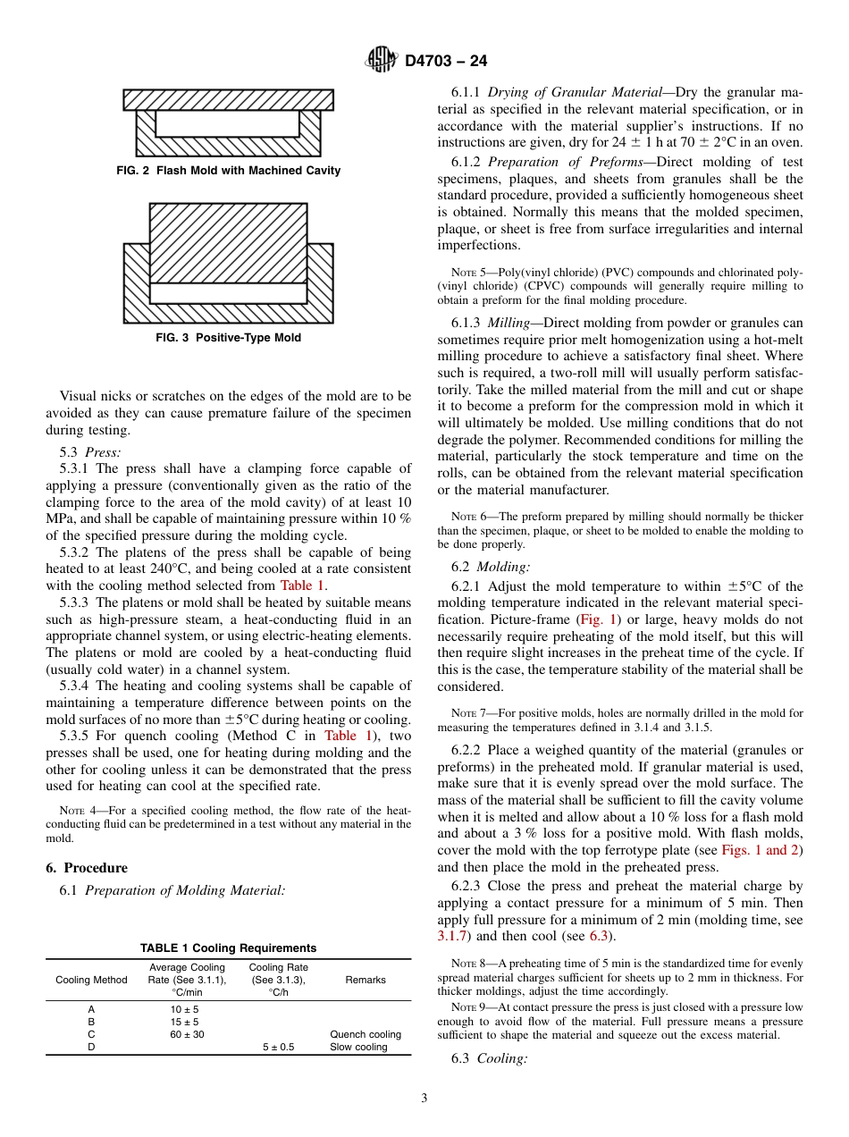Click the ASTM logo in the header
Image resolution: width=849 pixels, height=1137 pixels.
(x=382, y=60)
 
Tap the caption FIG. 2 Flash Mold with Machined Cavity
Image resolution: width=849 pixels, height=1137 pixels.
(x=228, y=171)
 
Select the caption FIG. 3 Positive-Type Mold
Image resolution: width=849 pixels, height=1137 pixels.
(x=228, y=338)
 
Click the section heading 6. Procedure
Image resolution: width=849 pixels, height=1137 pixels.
(x=87, y=868)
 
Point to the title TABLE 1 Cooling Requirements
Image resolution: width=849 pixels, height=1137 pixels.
(x=228, y=948)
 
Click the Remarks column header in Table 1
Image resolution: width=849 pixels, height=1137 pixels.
(x=366, y=980)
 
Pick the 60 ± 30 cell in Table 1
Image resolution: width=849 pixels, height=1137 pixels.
(x=186, y=1034)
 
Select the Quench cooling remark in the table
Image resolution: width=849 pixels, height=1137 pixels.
(x=366, y=1034)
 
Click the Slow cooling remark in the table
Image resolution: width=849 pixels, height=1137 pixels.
(x=358, y=1047)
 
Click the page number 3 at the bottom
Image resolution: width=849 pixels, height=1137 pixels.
(x=424, y=1099)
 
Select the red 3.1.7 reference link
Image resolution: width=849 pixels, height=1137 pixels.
(x=452, y=936)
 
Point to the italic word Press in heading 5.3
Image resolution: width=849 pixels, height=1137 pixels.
(x=102, y=452)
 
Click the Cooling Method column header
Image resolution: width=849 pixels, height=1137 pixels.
(x=91, y=980)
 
